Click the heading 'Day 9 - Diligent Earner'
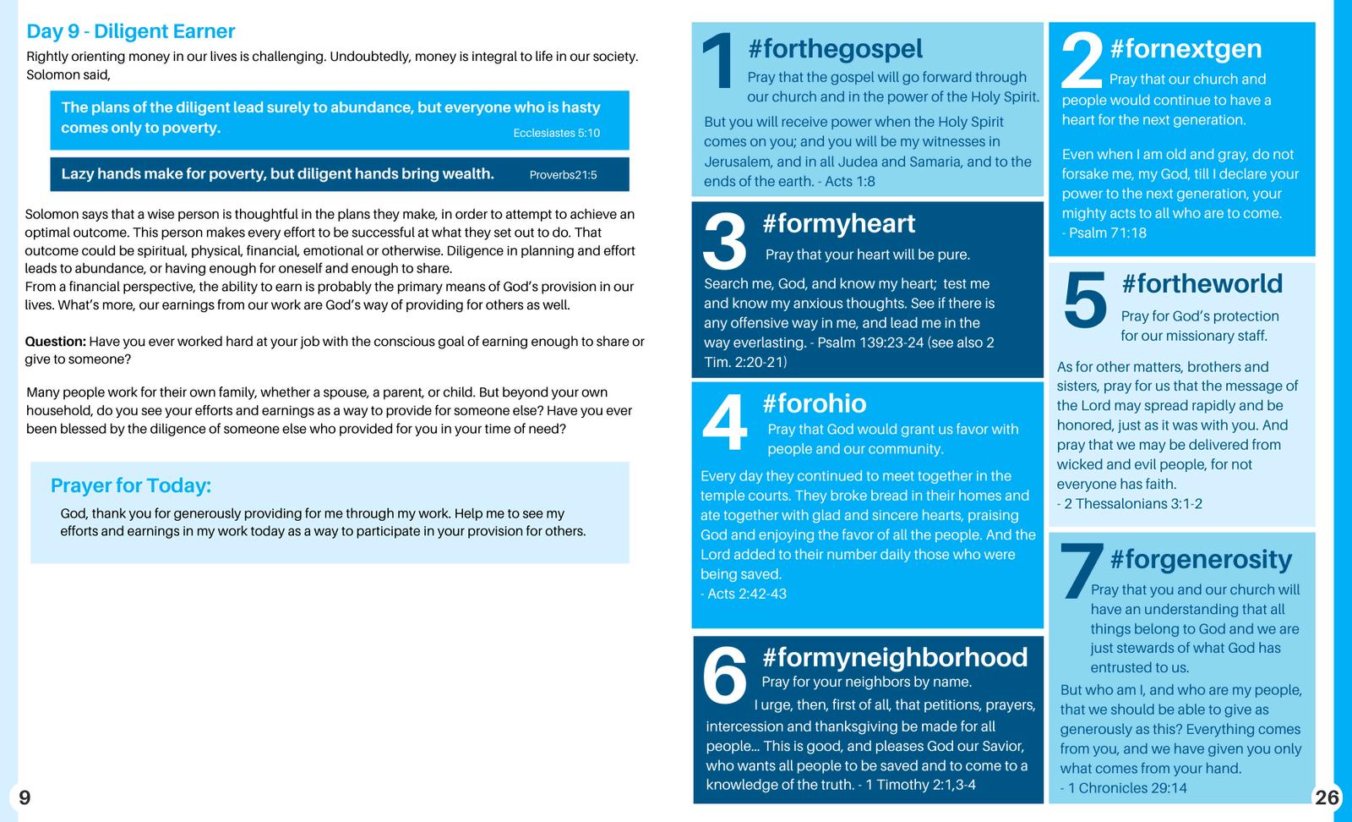pyautogui.click(x=130, y=31)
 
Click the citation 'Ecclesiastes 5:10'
pyautogui.click(x=556, y=133)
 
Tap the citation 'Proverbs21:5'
pyautogui.click(x=563, y=175)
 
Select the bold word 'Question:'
pyautogui.click(x=55, y=342)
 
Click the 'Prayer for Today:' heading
pyautogui.click(x=131, y=485)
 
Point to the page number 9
pyautogui.click(x=25, y=797)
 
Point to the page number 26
pyautogui.click(x=1327, y=797)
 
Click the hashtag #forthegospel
pyautogui.click(x=835, y=49)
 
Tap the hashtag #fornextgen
pyautogui.click(x=1186, y=49)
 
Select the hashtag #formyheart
pyautogui.click(x=838, y=223)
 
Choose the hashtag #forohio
pyautogui.click(x=814, y=403)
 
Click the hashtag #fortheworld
pyautogui.click(x=1202, y=283)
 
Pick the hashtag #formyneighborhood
pyautogui.click(x=894, y=657)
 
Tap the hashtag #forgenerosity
pyautogui.click(x=1201, y=559)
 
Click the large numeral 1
pyautogui.click(x=719, y=61)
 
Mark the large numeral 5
pyautogui.click(x=1084, y=301)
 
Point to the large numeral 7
pyautogui.click(x=1081, y=572)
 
